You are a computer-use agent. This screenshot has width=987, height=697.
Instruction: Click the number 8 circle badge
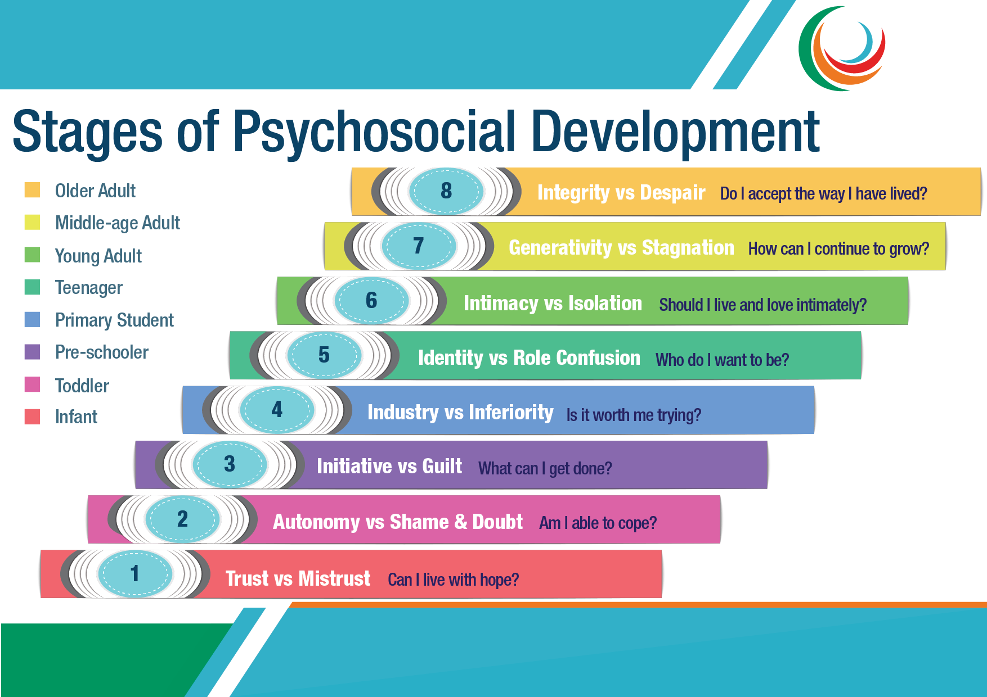click(x=446, y=191)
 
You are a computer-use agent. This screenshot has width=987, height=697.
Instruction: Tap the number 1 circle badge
click(x=135, y=573)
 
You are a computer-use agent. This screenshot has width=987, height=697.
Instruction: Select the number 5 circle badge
click(x=324, y=355)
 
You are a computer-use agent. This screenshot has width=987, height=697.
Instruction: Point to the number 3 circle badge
click(x=230, y=464)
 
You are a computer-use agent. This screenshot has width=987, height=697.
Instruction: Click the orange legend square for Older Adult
click(x=32, y=190)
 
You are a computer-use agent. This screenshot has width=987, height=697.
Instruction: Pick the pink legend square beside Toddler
click(x=32, y=384)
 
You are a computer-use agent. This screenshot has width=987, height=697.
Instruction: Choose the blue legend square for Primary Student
click(x=32, y=319)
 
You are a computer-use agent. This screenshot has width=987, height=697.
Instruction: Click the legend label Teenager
click(x=89, y=288)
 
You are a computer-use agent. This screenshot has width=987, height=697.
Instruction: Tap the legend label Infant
click(x=76, y=417)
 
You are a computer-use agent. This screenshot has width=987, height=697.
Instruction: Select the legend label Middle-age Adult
click(x=118, y=223)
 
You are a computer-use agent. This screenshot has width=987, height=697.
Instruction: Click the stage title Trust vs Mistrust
click(x=298, y=578)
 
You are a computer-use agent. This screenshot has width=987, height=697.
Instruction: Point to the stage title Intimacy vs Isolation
click(x=553, y=304)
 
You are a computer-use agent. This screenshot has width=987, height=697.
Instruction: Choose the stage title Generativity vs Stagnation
click(x=621, y=248)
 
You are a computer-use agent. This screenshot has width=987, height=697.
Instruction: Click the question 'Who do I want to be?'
click(x=723, y=360)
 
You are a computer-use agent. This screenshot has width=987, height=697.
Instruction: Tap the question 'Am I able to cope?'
click(x=598, y=523)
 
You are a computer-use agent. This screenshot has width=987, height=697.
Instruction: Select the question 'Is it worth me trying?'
click(x=634, y=415)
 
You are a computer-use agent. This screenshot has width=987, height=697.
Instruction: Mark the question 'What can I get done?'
click(x=545, y=469)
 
